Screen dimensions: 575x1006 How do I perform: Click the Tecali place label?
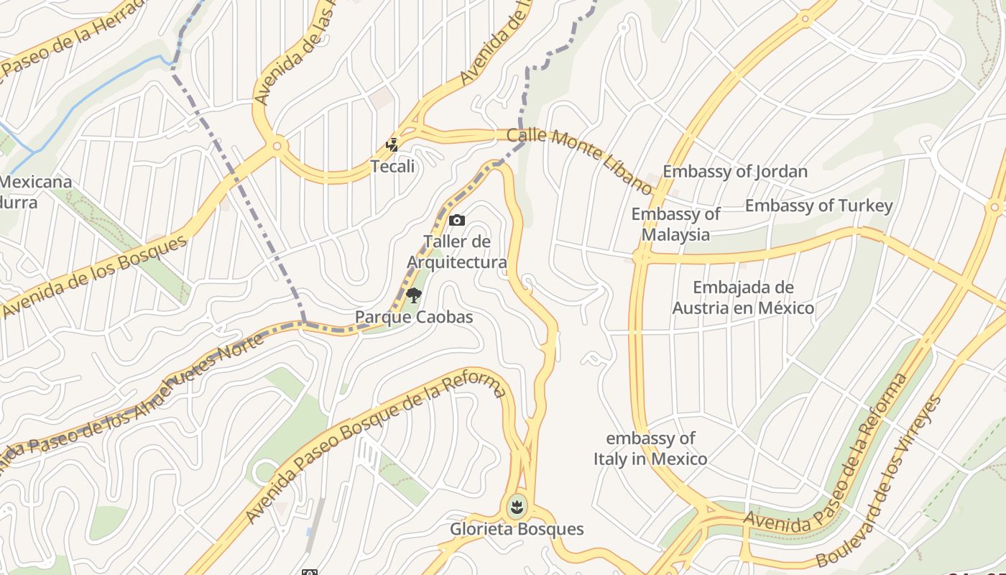[x=392, y=167]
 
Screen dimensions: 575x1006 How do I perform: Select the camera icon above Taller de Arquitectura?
[x=457, y=221]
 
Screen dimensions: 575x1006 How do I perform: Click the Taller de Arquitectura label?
[x=457, y=252]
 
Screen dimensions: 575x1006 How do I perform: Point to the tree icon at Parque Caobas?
[x=414, y=295]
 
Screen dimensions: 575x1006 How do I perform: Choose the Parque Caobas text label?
[x=414, y=317]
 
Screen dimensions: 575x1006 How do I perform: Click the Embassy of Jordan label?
[x=734, y=172]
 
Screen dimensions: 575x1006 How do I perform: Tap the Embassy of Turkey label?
[x=818, y=206]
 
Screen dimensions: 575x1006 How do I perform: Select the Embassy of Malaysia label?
[x=675, y=224]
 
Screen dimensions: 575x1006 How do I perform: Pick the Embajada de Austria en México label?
[x=743, y=298]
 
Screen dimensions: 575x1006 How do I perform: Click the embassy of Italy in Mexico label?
[x=650, y=448]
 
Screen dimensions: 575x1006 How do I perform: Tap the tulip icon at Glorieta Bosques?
[x=515, y=507]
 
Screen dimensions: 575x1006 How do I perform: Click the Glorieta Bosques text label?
[x=517, y=530]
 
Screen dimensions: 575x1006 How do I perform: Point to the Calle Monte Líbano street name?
[x=579, y=160]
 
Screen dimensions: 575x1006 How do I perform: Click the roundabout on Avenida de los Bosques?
[x=277, y=147]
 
